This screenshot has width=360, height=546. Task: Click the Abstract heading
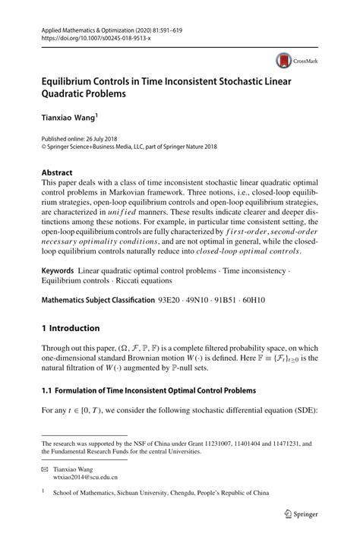59,172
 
